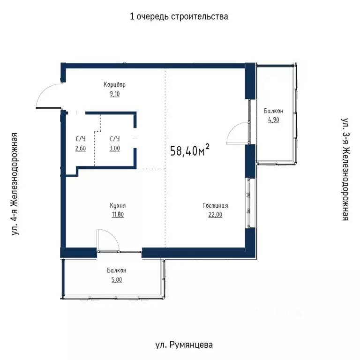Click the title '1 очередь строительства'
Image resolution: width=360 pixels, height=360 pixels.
pos(179,16)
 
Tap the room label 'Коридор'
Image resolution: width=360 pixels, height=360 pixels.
pos(114,85)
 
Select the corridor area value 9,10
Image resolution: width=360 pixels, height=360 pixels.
pos(115,94)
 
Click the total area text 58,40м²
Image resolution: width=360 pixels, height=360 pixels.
pos(190,150)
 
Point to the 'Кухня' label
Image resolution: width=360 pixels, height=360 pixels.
pos(118,205)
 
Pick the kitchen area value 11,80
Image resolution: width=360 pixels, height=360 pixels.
pos(118,214)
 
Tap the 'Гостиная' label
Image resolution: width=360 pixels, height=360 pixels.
pos(215,205)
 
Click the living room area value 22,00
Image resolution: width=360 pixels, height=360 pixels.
pos(215,214)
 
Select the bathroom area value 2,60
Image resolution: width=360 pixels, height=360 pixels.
pos(81,148)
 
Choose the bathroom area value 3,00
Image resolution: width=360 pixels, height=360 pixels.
pos(114,148)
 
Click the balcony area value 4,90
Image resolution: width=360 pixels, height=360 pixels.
pos(274,120)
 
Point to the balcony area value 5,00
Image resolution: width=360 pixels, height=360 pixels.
pos(117,280)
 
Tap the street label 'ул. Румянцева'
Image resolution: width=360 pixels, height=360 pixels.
pos(184,345)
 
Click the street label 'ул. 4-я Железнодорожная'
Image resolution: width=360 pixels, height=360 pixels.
pos(15,184)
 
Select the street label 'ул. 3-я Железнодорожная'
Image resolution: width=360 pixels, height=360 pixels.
pos(345,169)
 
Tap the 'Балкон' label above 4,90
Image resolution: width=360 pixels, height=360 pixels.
pos(273,111)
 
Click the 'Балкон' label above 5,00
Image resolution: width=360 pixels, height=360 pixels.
pos(117,270)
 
